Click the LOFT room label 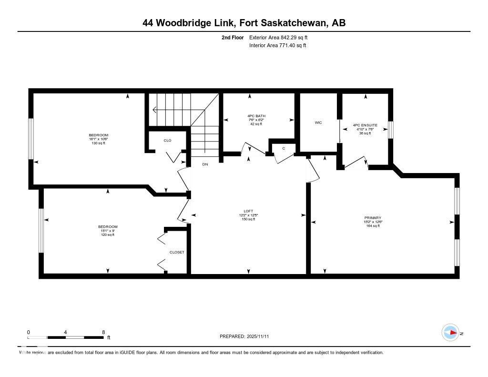point(248,211)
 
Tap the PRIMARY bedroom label point(372,218)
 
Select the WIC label point(318,122)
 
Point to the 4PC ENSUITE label point(365,125)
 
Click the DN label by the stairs point(205,164)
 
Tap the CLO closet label point(167,141)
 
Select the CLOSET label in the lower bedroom point(176,252)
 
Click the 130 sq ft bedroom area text point(98,143)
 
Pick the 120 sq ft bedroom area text point(108,234)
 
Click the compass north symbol point(451,332)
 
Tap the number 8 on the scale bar point(103,332)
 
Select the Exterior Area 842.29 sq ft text point(282,38)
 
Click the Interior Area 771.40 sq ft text point(277,45)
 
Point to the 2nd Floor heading point(233,38)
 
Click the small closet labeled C point(284,148)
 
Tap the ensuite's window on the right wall point(391,130)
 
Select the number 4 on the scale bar point(65,332)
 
